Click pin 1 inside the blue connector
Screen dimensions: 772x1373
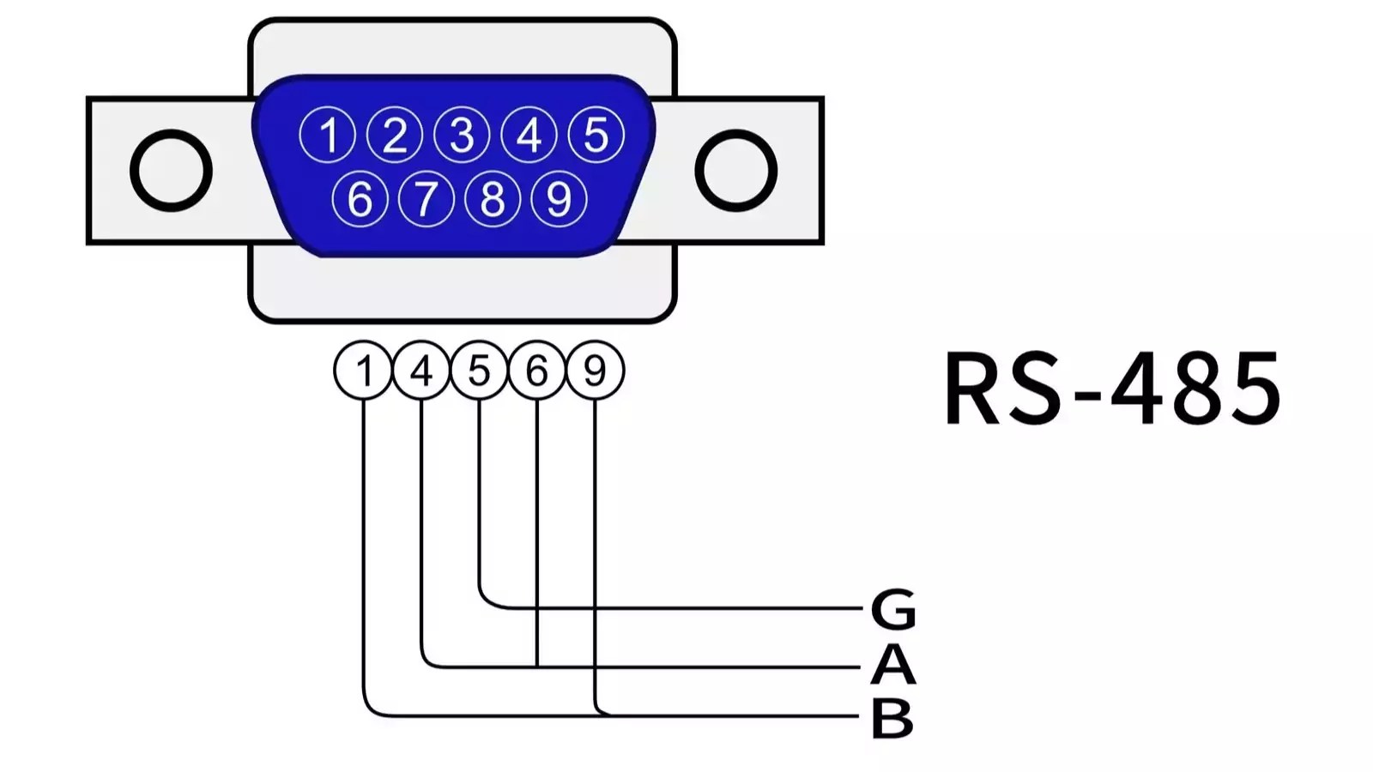coord(327,135)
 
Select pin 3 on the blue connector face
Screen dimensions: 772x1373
coord(462,135)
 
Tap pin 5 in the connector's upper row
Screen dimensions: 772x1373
coord(596,135)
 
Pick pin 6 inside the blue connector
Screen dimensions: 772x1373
coord(360,199)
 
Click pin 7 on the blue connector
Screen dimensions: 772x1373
coord(426,199)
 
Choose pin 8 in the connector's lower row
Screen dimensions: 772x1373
coord(493,199)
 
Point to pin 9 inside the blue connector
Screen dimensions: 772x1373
coord(559,199)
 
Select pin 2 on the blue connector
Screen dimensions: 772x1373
coord(395,135)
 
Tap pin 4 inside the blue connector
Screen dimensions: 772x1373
coord(529,135)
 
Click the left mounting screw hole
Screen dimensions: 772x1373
coord(172,170)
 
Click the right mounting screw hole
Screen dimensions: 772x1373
coord(735,170)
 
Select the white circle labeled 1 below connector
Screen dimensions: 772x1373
coord(364,371)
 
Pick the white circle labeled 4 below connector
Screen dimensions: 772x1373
coord(421,371)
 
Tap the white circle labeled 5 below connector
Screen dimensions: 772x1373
coord(479,371)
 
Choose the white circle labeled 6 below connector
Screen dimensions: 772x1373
coord(537,371)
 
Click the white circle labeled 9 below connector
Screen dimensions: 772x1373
coord(595,371)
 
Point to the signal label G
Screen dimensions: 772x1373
coord(893,609)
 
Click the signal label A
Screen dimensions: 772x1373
coord(893,665)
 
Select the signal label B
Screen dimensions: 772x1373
coord(892,718)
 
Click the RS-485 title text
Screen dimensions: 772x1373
coord(1112,389)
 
